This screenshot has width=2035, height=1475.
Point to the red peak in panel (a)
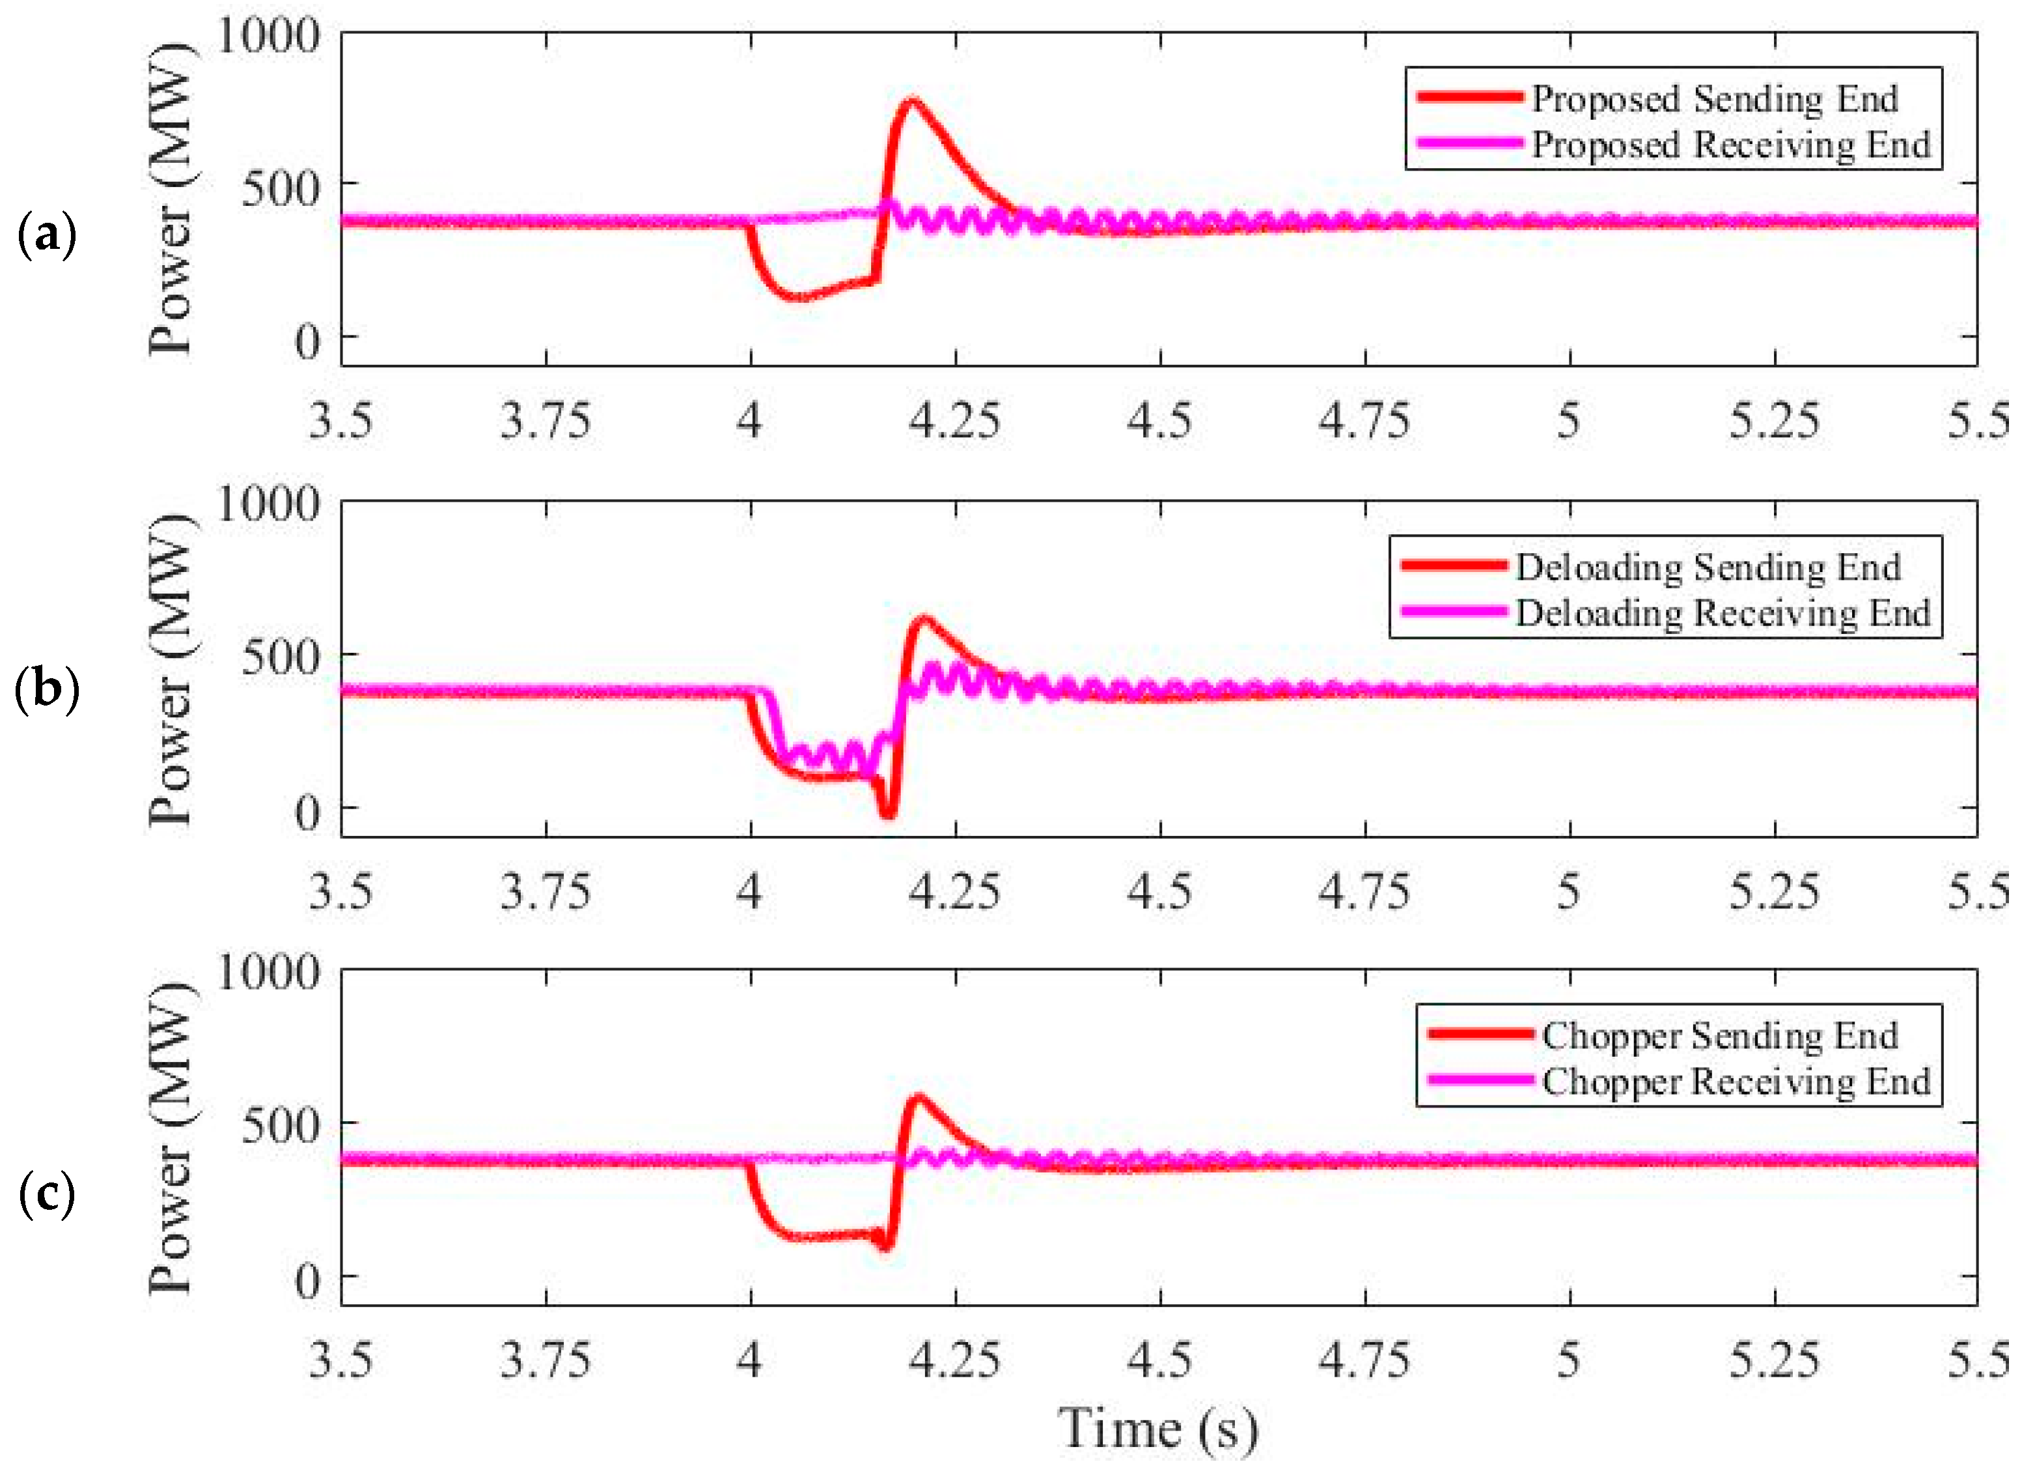[913, 100]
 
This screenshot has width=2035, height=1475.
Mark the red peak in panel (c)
[919, 1096]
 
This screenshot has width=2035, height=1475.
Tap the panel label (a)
[47, 235]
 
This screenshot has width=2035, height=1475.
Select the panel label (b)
[47, 689]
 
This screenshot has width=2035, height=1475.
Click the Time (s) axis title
[1157, 1428]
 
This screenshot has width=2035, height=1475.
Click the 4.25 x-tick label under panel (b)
[954, 891]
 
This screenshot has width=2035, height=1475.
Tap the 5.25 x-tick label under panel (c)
[1774, 1360]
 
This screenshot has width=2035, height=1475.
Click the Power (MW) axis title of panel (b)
[171, 669]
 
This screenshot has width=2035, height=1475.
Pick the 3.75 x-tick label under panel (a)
[546, 420]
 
